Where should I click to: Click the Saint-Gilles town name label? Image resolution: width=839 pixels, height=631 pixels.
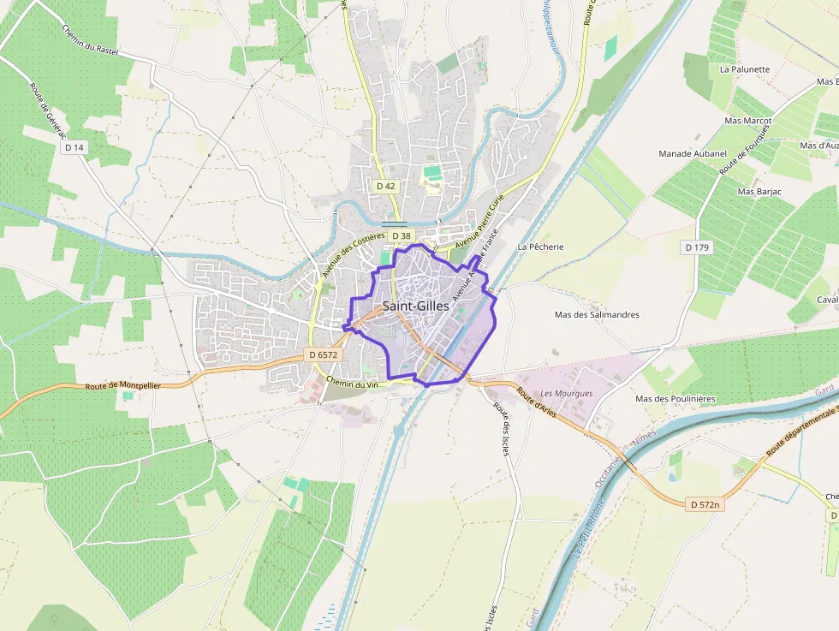415,306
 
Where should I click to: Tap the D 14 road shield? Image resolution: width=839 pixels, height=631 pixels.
74,147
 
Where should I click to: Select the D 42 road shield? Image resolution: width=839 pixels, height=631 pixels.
385,185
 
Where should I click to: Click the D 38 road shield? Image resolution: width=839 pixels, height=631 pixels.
400,235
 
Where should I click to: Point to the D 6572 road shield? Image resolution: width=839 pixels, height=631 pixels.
324,354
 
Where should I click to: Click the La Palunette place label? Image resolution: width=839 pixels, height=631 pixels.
744,69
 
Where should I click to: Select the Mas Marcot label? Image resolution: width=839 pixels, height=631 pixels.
747,121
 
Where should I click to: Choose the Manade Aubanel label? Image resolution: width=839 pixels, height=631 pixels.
692,153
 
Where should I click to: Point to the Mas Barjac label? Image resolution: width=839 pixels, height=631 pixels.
759,192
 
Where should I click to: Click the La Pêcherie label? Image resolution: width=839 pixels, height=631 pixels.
540,247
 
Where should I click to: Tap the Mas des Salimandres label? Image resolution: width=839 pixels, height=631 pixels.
597,314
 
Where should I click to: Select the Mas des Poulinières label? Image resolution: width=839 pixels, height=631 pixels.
674,399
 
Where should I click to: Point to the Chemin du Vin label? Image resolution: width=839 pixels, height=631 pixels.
353,384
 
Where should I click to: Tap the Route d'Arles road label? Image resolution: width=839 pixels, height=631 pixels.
537,403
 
